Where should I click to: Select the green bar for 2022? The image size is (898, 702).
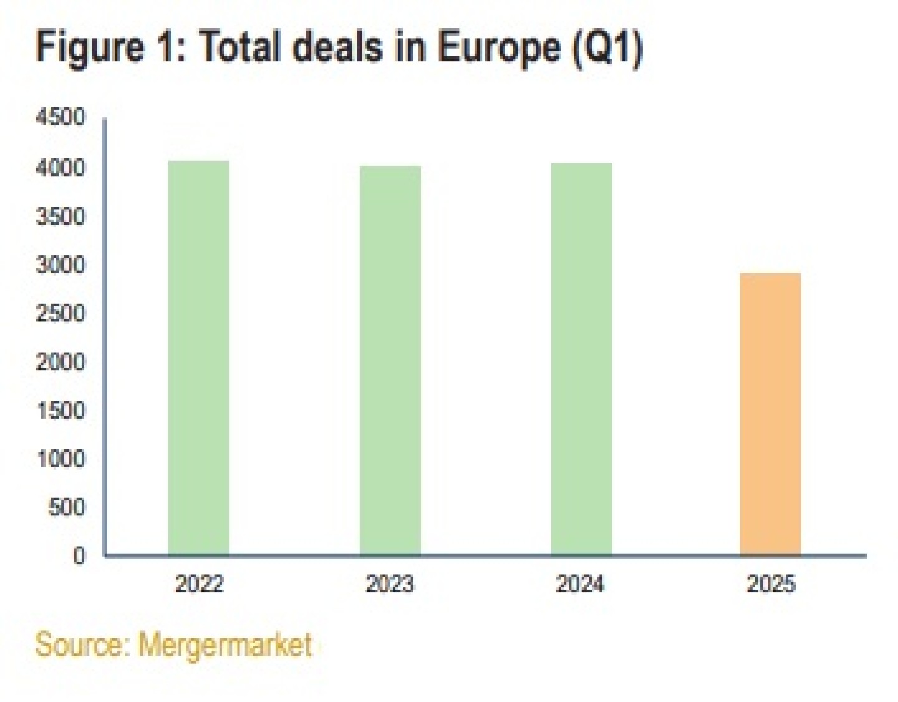point(199,358)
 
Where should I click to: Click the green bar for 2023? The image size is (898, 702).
point(390,361)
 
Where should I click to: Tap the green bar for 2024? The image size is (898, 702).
point(581,359)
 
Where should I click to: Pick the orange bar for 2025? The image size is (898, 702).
point(770,414)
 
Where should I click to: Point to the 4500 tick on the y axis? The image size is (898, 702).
point(60,117)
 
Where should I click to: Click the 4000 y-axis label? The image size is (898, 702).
point(60,167)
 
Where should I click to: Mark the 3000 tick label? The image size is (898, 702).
point(60,265)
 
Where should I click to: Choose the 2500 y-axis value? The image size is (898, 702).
point(60,313)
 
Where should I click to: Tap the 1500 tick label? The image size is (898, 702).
point(60,410)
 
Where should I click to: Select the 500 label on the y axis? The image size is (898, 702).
point(66,507)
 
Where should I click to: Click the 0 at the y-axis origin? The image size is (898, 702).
point(79,555)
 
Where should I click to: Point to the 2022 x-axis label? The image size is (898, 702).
point(199,584)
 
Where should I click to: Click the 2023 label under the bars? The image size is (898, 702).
point(390,584)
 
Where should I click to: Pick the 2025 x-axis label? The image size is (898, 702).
point(771,584)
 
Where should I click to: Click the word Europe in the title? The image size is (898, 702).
point(499,47)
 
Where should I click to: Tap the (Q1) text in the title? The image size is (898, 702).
point(607,47)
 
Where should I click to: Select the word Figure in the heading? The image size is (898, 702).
point(90,47)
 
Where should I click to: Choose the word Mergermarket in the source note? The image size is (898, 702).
point(224,645)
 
